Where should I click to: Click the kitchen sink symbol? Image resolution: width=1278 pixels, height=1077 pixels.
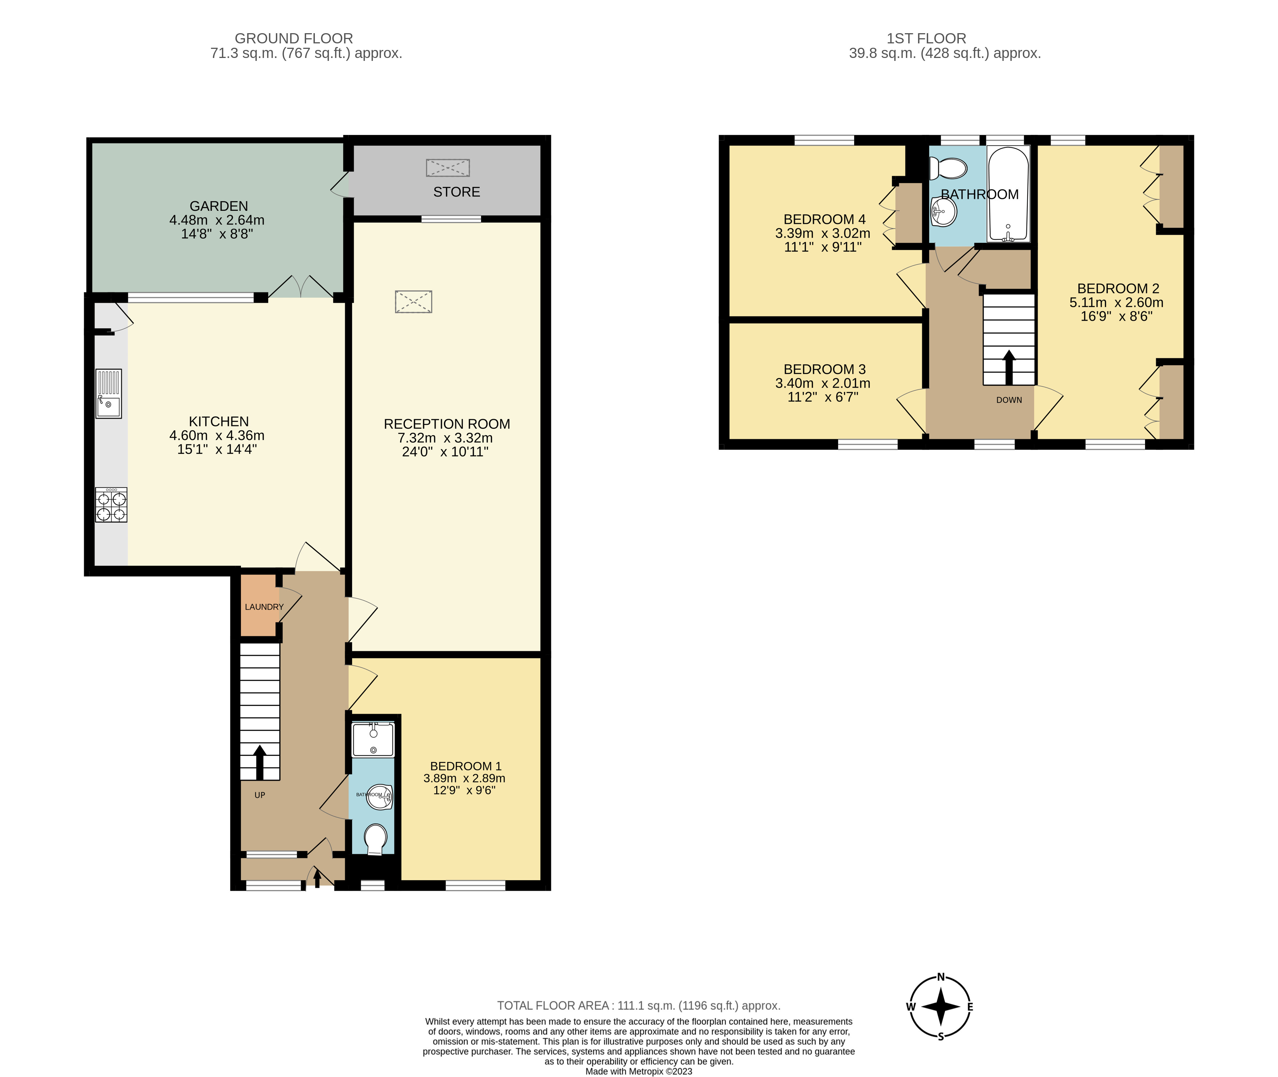109,394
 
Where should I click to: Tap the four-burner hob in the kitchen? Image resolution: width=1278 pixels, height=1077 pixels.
111,505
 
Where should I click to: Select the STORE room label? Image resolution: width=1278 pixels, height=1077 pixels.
457,193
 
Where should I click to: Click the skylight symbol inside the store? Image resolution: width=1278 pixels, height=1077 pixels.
448,167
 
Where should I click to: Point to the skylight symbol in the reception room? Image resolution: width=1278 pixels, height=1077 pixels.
413,302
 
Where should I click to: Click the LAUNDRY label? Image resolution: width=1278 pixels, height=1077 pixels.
264,607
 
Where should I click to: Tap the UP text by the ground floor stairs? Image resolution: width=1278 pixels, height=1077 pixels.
260,795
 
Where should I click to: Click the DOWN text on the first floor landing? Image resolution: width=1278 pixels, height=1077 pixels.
1009,400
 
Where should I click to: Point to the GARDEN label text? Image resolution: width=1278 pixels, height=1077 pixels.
219,206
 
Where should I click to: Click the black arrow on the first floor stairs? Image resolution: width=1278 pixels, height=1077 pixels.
1009,366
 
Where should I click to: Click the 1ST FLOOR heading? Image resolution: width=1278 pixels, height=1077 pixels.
926,39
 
